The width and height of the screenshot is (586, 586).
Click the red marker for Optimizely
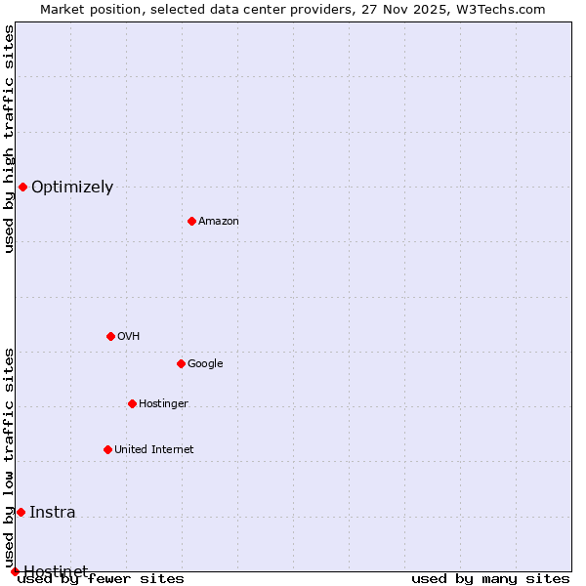click(x=22, y=187)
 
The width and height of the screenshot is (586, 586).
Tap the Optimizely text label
click(x=72, y=188)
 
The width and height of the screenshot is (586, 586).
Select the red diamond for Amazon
click(x=191, y=221)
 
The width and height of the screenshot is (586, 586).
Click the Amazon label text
click(x=219, y=222)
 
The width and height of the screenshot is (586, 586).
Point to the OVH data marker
click(x=110, y=336)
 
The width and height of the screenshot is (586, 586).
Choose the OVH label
click(x=129, y=337)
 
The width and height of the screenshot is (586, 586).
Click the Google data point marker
click(x=181, y=363)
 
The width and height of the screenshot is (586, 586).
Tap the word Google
click(x=205, y=364)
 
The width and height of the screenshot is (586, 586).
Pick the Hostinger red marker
click(x=132, y=403)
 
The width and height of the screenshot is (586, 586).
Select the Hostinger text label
click(x=163, y=404)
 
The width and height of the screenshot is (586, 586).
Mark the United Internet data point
click(x=107, y=449)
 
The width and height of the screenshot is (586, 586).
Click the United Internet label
click(x=153, y=450)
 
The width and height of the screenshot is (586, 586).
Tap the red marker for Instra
click(x=21, y=512)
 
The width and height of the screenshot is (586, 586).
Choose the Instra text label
click(x=52, y=513)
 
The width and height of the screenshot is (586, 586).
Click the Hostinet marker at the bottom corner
click(x=15, y=571)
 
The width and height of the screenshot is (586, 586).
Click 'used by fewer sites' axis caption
click(x=101, y=579)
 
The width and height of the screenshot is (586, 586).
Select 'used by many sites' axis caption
click(x=490, y=579)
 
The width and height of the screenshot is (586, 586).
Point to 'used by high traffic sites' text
click(x=9, y=139)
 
